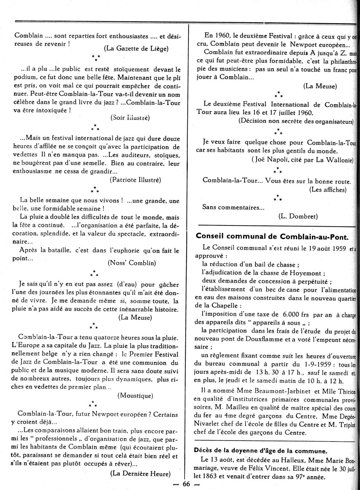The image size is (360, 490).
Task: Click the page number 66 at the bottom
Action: tap(186, 484)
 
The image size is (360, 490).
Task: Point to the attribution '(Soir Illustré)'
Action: tap(130, 117)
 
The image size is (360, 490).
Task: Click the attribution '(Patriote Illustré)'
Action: tap(135, 180)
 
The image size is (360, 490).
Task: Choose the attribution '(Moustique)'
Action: tap(135, 395)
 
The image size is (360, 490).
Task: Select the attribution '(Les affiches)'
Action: tap(328, 190)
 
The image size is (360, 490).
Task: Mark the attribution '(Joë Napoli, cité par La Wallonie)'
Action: tap(302, 160)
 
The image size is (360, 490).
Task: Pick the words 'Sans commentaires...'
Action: tap(233, 207)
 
